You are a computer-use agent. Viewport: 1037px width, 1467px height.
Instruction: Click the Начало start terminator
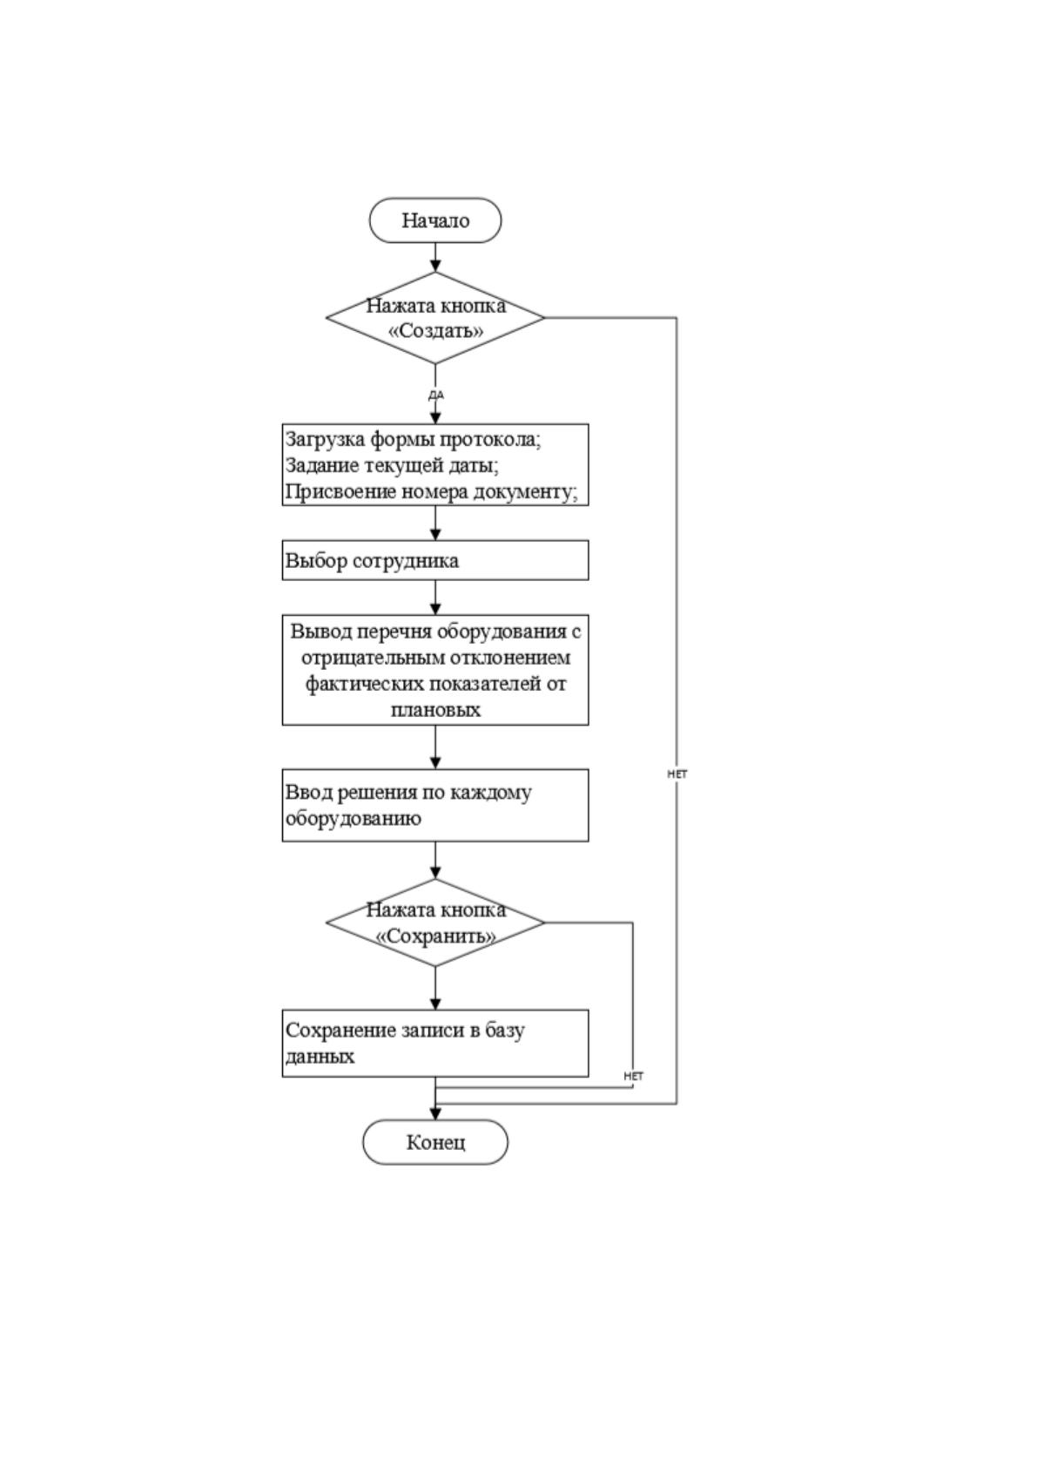click(x=434, y=220)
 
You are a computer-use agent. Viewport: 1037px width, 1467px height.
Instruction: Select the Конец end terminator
click(x=434, y=1142)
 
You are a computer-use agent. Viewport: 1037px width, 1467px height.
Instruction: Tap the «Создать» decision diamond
click(x=435, y=318)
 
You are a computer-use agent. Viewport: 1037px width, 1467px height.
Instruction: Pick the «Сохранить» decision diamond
click(x=435, y=923)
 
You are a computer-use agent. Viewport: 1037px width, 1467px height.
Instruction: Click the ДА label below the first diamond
click(x=436, y=395)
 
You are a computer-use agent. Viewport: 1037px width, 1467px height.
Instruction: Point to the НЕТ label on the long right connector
click(x=677, y=774)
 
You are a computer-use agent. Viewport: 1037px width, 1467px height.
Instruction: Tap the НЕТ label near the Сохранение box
click(x=633, y=1076)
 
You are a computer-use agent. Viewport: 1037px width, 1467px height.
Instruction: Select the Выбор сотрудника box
click(x=435, y=560)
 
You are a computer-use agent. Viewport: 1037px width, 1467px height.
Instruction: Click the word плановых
click(x=435, y=710)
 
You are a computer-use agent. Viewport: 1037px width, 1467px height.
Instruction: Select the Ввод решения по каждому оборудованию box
click(x=435, y=805)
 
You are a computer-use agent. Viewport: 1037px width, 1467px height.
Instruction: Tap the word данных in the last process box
click(x=320, y=1057)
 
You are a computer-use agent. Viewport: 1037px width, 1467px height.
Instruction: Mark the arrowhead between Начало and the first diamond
click(x=435, y=265)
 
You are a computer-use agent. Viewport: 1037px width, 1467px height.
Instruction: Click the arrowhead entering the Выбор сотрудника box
click(x=435, y=534)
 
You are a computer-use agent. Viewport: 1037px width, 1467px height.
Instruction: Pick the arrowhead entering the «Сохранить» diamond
click(x=435, y=872)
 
